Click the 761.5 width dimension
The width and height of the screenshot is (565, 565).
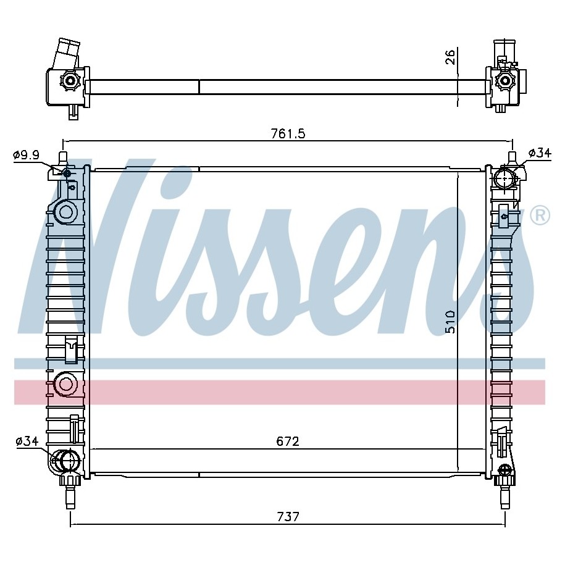coord(288,133)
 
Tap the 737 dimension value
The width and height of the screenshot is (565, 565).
coord(288,517)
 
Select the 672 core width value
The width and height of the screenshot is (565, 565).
coord(288,442)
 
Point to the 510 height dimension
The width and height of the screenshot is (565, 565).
coord(450,322)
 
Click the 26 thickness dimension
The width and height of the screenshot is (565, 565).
coord(450,57)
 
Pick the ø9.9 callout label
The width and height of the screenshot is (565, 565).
coord(26,156)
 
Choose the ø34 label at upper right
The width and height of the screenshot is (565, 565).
coord(540,153)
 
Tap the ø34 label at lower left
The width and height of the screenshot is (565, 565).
coord(27,441)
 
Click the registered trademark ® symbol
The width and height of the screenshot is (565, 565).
coord(540,215)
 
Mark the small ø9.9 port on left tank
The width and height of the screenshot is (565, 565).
coord(67,174)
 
